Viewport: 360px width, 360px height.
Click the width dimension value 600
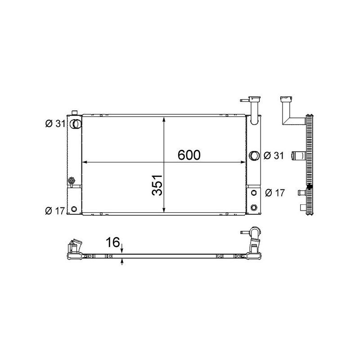pos(189,155)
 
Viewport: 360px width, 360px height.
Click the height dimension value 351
pos(157,185)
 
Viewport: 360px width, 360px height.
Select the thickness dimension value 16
pos(112,243)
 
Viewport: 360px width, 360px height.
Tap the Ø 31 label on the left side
pos(56,123)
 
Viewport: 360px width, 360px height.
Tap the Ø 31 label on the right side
pos(273,156)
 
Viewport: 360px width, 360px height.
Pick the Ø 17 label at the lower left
pos(56,210)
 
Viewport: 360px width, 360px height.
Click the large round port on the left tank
pos(76,123)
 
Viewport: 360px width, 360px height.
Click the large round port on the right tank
pos(254,156)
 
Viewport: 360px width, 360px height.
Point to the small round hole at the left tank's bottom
pos(74,209)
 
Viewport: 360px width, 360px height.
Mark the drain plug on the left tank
pos(71,181)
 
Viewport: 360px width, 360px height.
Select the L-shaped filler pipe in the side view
pos(288,112)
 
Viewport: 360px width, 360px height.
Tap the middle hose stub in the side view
pos(298,157)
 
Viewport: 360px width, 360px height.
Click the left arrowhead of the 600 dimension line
pos(85,162)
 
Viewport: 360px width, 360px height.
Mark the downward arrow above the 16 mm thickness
pos(122,246)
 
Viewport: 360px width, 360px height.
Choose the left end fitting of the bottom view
pos(74,250)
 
